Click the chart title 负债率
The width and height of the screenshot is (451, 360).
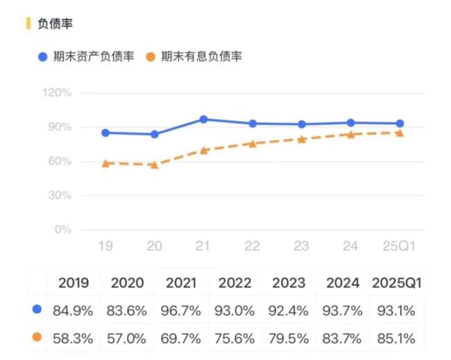(55, 24)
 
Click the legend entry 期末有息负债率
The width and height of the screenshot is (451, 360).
(201, 56)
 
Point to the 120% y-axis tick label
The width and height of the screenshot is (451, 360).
(58, 93)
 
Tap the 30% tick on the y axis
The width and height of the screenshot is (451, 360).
(61, 196)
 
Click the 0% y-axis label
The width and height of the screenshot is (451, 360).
(64, 230)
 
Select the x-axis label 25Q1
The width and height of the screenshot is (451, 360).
(400, 246)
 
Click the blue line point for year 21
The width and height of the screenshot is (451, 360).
(204, 119)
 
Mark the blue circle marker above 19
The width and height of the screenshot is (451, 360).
(105, 132)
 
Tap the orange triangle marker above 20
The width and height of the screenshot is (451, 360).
(154, 165)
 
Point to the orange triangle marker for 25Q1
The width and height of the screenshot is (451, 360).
(400, 132)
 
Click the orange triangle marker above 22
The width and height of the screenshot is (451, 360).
(253, 144)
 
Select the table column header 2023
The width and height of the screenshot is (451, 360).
(288, 283)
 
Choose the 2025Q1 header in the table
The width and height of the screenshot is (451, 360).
(397, 283)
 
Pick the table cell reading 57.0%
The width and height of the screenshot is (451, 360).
(126, 338)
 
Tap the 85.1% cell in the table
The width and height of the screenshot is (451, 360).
(397, 338)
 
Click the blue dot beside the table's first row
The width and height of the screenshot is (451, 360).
(37, 309)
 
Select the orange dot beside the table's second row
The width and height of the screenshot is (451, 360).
(37, 338)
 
